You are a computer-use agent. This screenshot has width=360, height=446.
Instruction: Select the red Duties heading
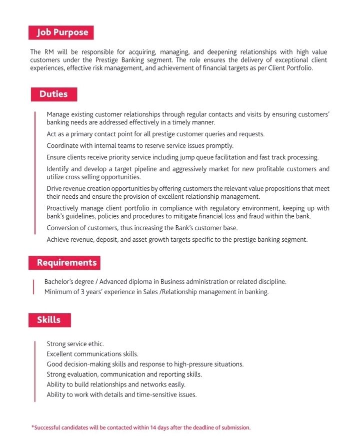tap(53, 94)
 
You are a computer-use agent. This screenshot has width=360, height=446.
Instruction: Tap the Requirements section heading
tap(66, 263)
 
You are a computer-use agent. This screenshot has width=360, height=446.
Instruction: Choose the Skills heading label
tap(48, 320)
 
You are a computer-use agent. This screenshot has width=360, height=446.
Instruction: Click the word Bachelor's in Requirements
tap(60, 282)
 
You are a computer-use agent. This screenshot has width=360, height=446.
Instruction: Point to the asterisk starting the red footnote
tap(32, 427)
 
